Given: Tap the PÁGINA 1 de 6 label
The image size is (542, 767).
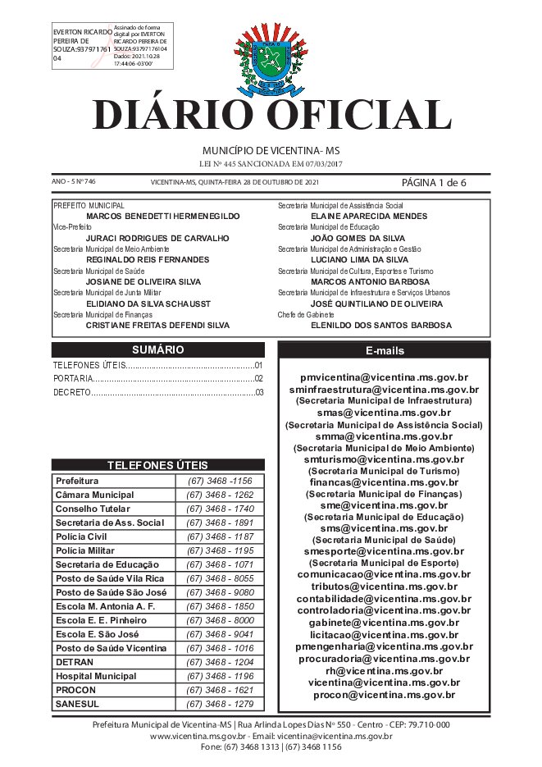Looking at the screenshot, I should (434, 182).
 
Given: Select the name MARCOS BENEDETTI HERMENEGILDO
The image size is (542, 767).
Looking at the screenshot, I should (162, 216).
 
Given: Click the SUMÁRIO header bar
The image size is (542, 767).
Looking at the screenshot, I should (157, 349).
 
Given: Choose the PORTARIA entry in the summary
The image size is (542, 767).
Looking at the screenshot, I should (71, 379).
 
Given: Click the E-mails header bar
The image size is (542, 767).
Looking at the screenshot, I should (384, 350).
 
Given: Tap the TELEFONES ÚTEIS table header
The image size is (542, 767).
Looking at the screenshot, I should (157, 464).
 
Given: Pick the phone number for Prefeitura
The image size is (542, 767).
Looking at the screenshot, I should (220, 481).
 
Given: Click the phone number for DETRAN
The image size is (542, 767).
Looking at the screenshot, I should (220, 661).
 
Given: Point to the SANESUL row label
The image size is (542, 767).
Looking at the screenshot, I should (76, 703).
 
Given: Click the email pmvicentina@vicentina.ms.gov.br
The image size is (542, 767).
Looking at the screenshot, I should (384, 378).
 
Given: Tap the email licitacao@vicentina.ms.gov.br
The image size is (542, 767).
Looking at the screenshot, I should (384, 634).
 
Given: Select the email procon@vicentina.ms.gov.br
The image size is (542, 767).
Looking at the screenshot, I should (384, 695).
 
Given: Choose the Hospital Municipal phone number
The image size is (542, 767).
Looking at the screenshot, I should (220, 675).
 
